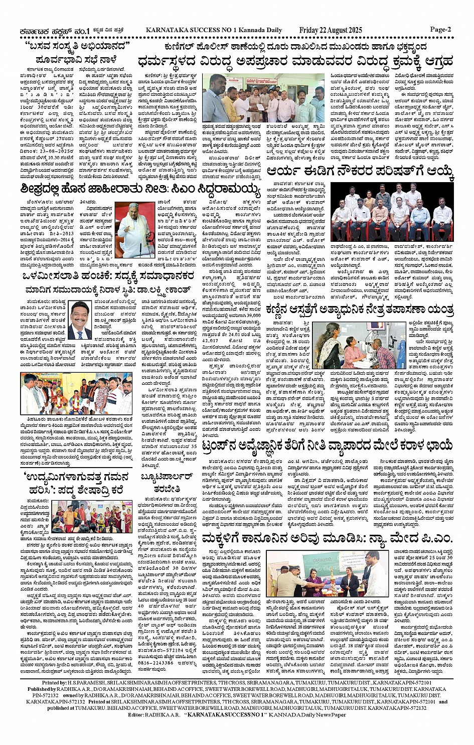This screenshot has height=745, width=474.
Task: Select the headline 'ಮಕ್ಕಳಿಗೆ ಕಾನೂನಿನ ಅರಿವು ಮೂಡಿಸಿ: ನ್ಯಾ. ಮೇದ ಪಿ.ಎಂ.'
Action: pyautogui.click(x=327, y=539)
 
